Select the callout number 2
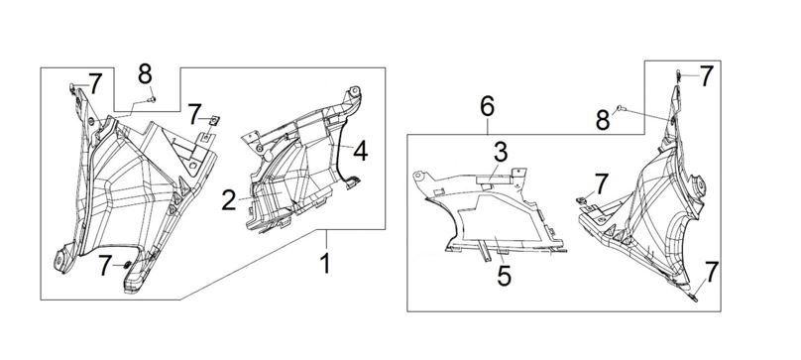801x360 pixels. pos(229,201)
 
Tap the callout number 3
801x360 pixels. pos(501,153)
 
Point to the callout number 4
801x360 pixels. pos(361,152)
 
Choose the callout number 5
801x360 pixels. pos(505,277)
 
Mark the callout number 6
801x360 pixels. pos(488,106)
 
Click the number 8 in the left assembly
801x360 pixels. pos(145,74)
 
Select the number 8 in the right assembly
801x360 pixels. pos(603,121)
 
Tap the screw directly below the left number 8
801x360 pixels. pos(153,100)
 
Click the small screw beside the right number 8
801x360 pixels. pos(620,107)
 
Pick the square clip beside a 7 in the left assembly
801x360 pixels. pos(215,120)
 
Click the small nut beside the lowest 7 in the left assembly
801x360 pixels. pos(127,265)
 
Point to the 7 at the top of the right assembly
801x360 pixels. pos(706,76)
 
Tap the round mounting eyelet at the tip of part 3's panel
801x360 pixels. pos(418,176)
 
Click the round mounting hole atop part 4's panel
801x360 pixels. pos(355,90)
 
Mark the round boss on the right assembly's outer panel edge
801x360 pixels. pos(696,185)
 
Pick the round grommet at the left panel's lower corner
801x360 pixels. pos(59,260)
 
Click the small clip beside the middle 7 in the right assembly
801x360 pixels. pos(581,200)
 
